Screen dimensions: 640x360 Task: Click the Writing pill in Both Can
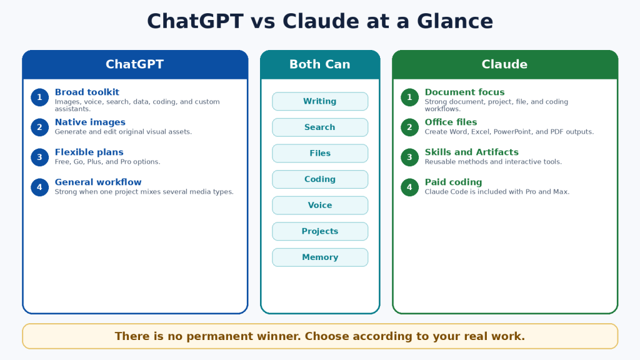pos(320,101)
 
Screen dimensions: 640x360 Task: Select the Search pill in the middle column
pos(320,127)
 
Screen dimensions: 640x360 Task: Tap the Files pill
pos(320,154)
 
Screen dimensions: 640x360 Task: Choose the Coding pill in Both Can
pos(320,179)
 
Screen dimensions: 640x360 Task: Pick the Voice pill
pos(320,205)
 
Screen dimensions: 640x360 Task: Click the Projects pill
pos(320,231)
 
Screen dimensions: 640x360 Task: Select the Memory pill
pos(320,257)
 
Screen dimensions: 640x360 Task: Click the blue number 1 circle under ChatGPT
pos(39,97)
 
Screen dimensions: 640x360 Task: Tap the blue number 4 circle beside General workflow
pos(39,187)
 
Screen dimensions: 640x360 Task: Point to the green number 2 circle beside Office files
pos(410,127)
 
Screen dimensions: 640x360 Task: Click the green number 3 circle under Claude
pos(410,157)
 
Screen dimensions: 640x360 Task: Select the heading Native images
pos(90,122)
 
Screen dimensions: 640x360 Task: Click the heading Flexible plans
pos(89,152)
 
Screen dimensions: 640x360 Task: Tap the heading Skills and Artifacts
pos(471,152)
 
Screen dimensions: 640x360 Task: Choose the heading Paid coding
pos(453,182)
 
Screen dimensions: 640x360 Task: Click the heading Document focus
pos(464,92)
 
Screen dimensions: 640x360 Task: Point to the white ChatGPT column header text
pos(135,64)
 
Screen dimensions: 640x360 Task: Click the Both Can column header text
pos(320,64)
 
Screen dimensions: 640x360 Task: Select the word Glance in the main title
pos(455,21)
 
